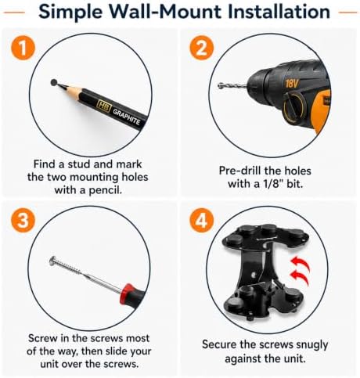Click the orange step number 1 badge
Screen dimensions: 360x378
click(x=23, y=48)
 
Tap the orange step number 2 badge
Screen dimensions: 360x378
click(x=201, y=48)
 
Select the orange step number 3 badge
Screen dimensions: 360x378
click(x=23, y=221)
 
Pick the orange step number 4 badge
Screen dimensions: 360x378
click(x=201, y=221)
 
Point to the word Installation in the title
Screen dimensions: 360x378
click(x=279, y=12)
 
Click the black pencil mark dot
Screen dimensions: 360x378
click(x=54, y=82)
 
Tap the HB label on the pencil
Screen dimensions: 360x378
click(x=104, y=106)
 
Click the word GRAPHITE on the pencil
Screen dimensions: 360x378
click(x=127, y=117)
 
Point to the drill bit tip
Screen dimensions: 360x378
click(x=219, y=85)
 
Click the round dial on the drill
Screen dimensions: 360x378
click(x=295, y=106)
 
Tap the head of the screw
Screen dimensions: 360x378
click(x=52, y=261)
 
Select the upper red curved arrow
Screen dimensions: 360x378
click(x=301, y=264)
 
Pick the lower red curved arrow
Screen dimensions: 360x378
click(x=300, y=277)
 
